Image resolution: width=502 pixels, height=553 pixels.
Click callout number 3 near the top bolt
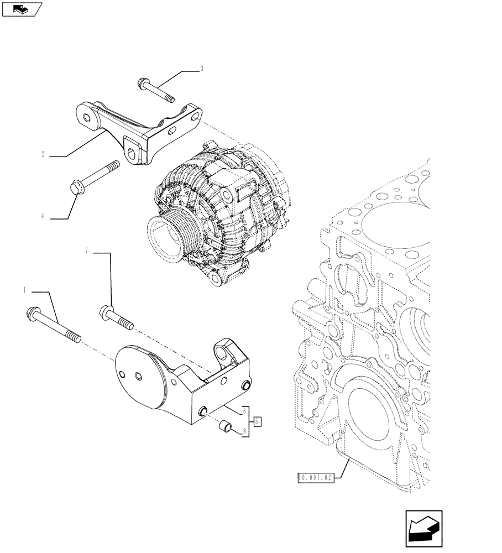coord(202,69)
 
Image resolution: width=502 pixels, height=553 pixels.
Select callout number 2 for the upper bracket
coord(43,154)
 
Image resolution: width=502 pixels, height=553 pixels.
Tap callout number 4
coord(43,216)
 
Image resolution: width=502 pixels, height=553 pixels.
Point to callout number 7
coord(86,251)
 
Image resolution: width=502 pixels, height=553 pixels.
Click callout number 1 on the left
coord(24,289)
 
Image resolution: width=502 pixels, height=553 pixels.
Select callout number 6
coord(244,411)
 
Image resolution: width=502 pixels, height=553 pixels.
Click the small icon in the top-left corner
coord(22,9)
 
